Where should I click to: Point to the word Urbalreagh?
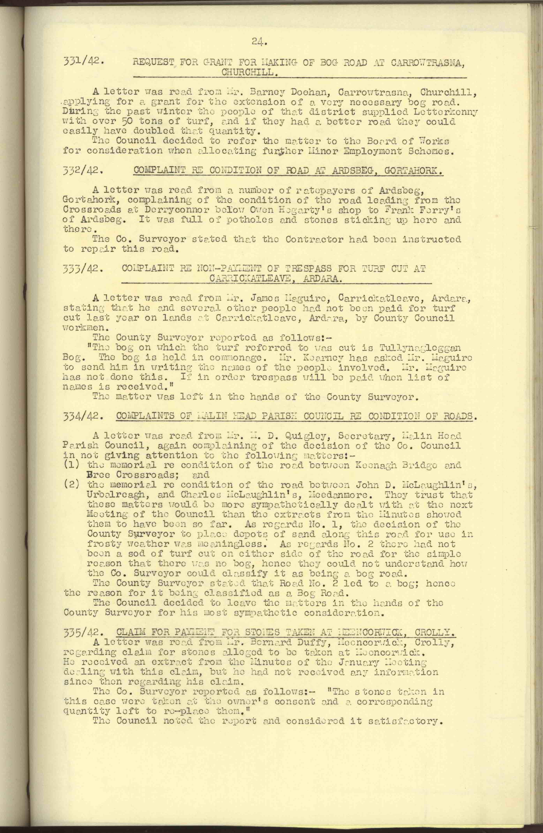tap(117, 495)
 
